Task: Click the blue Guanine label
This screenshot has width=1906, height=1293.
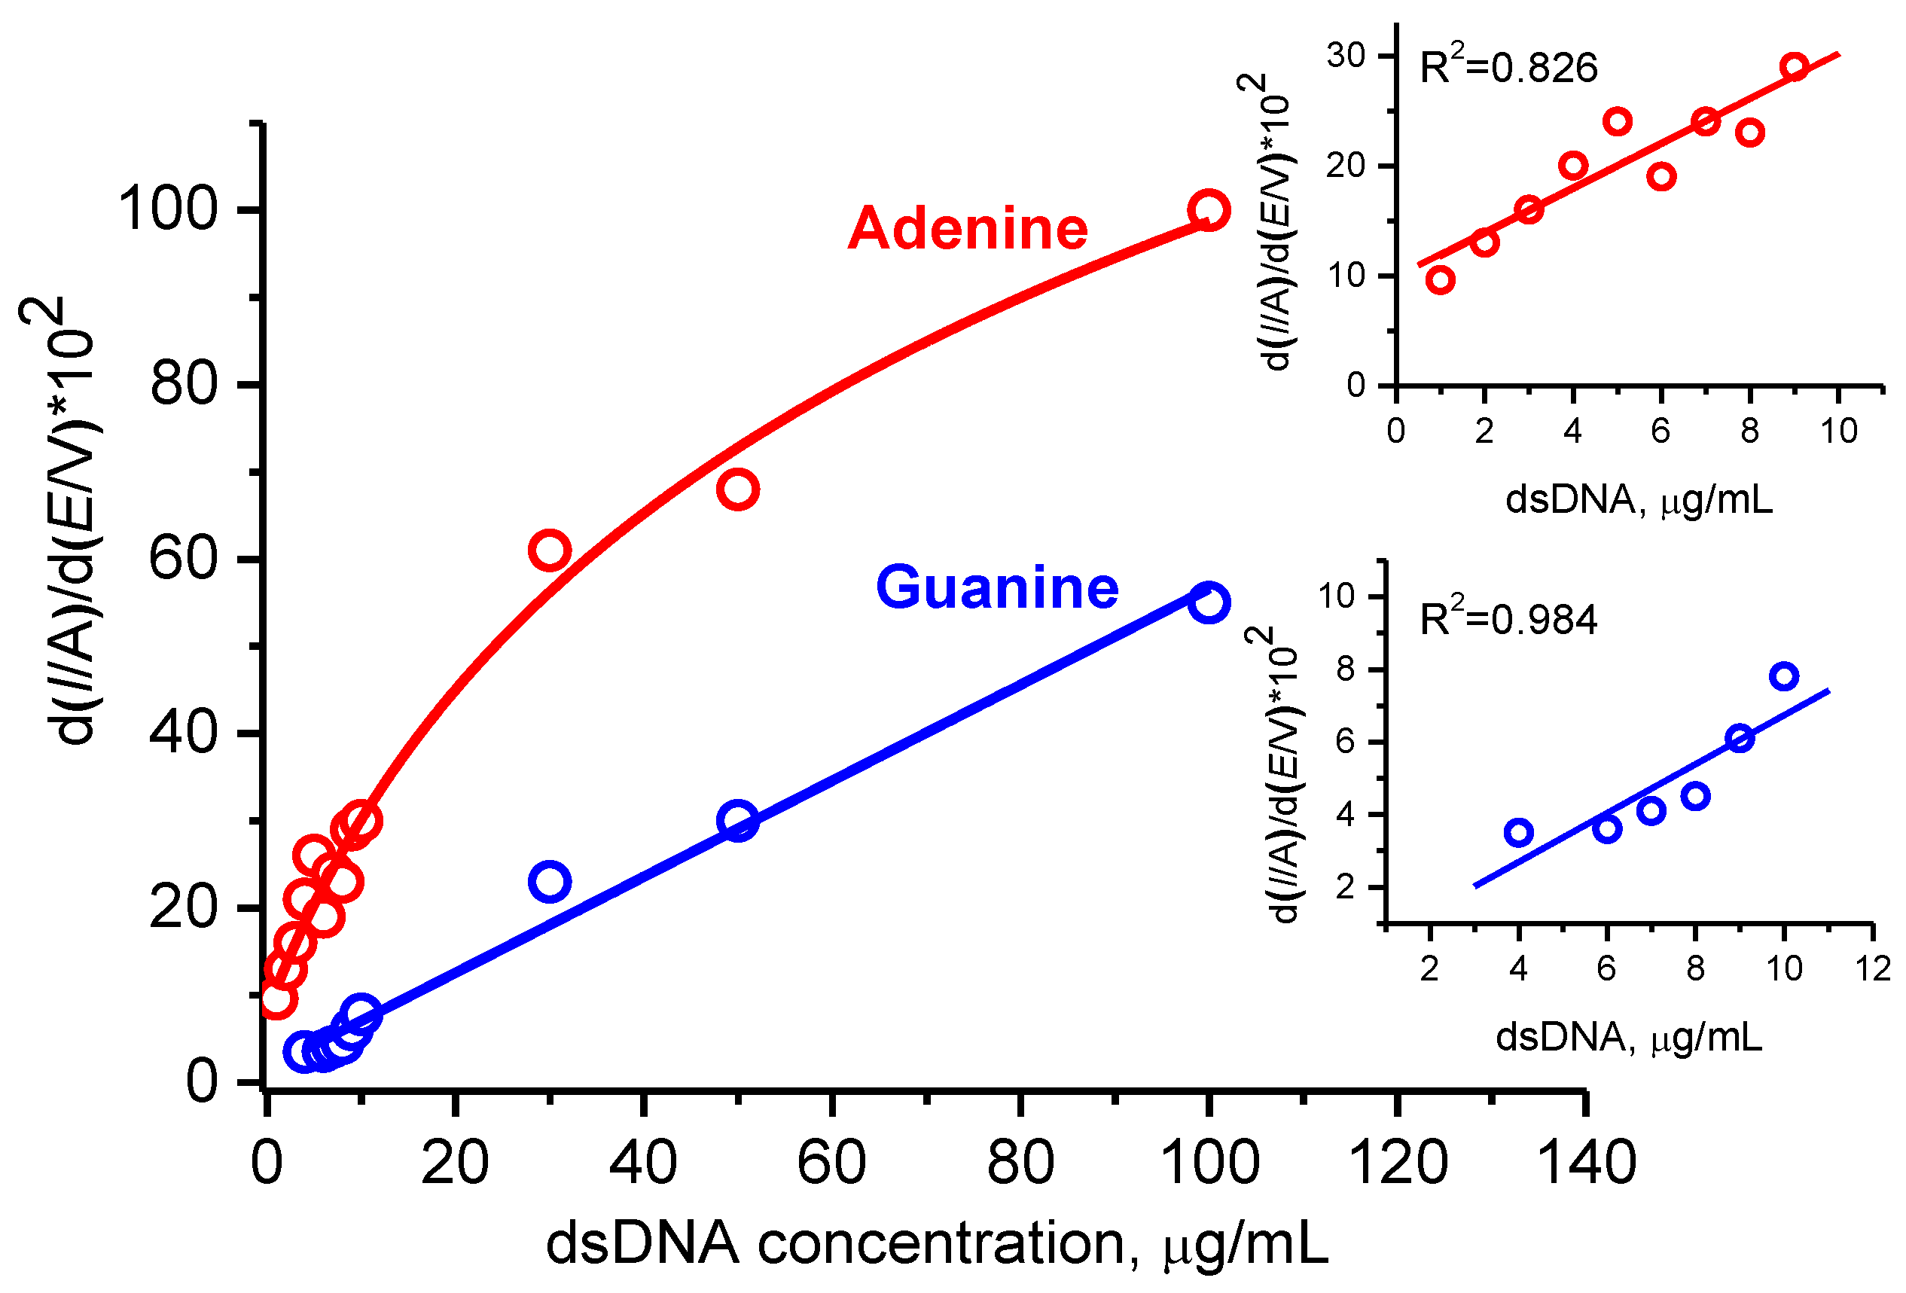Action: coord(997,588)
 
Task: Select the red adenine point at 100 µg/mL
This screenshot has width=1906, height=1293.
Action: coord(1208,210)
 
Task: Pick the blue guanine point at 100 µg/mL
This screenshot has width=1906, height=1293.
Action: coord(1208,602)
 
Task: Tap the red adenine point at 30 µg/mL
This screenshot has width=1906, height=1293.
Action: coord(550,549)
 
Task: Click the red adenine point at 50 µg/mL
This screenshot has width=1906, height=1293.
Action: coord(738,489)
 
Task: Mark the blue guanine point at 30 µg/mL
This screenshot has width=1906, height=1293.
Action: coord(550,881)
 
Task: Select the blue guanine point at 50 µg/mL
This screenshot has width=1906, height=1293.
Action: coord(738,820)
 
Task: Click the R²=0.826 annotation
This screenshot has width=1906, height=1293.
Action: coord(1509,67)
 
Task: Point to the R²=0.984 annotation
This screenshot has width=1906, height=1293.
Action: coord(1509,620)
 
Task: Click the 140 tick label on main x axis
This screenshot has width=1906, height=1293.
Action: coord(1586,1163)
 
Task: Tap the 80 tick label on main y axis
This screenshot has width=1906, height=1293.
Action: coord(184,384)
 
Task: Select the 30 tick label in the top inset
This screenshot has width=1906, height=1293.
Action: coord(1346,56)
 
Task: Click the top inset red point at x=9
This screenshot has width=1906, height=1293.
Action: coord(1795,66)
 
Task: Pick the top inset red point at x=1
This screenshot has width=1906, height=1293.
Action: coord(1440,280)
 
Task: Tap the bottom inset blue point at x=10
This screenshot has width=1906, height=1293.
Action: coord(1785,676)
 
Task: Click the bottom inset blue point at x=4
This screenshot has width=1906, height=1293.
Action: coord(1519,833)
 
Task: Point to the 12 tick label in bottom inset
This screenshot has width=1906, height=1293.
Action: coord(1873,969)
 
